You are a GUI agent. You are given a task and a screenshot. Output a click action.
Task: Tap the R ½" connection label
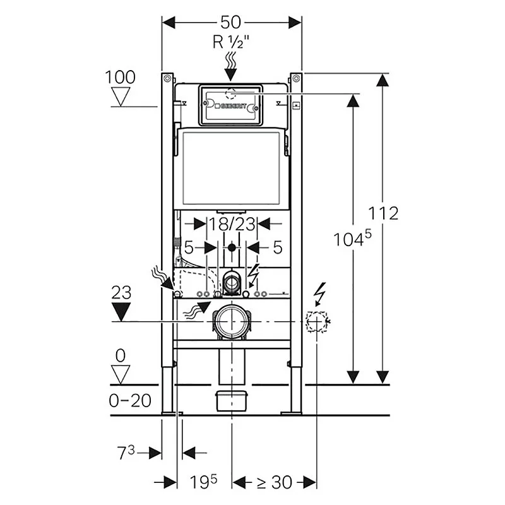pos(231,44)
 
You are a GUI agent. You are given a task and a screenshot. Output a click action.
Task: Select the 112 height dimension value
pos(384,213)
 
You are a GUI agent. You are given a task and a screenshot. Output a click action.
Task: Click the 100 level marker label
pos(120,77)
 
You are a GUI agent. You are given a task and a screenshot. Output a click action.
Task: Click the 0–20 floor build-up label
pos(131,400)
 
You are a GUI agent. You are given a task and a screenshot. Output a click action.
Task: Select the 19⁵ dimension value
pos(203,483)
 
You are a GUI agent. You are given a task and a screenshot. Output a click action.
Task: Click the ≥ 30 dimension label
pos(273,483)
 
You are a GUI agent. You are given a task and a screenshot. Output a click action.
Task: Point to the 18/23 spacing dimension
pos(232,224)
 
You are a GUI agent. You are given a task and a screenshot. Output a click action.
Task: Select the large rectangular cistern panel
pos(231,167)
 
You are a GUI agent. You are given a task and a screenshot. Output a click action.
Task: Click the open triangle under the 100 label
pos(120,97)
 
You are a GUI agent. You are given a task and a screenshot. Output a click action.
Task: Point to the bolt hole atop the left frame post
pos(167,78)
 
